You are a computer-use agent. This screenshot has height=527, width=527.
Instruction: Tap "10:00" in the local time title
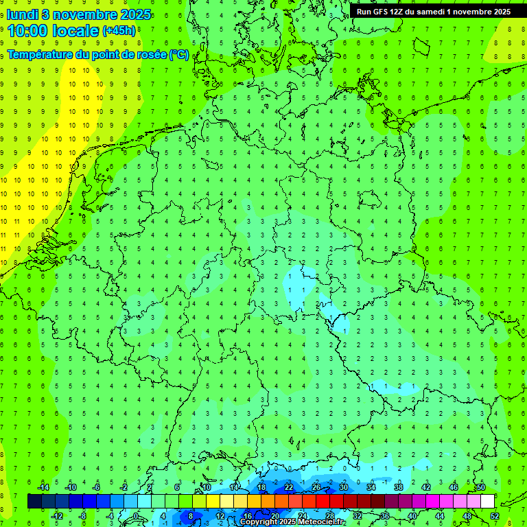pos(27,31)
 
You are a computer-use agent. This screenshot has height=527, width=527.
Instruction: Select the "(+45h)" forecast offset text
pos(119,31)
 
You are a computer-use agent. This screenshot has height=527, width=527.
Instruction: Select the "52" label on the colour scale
pos(495,516)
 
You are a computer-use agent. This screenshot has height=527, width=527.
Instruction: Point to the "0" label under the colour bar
pos(136,516)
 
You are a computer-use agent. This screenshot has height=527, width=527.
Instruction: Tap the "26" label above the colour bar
pos(316,487)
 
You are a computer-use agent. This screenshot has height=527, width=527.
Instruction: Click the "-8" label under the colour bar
pos(84,516)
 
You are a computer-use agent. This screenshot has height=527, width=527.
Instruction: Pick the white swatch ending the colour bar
pos(488,502)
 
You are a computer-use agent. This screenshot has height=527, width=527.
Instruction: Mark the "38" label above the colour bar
pos(399,487)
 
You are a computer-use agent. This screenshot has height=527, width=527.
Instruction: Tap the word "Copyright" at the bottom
pos(259,522)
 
